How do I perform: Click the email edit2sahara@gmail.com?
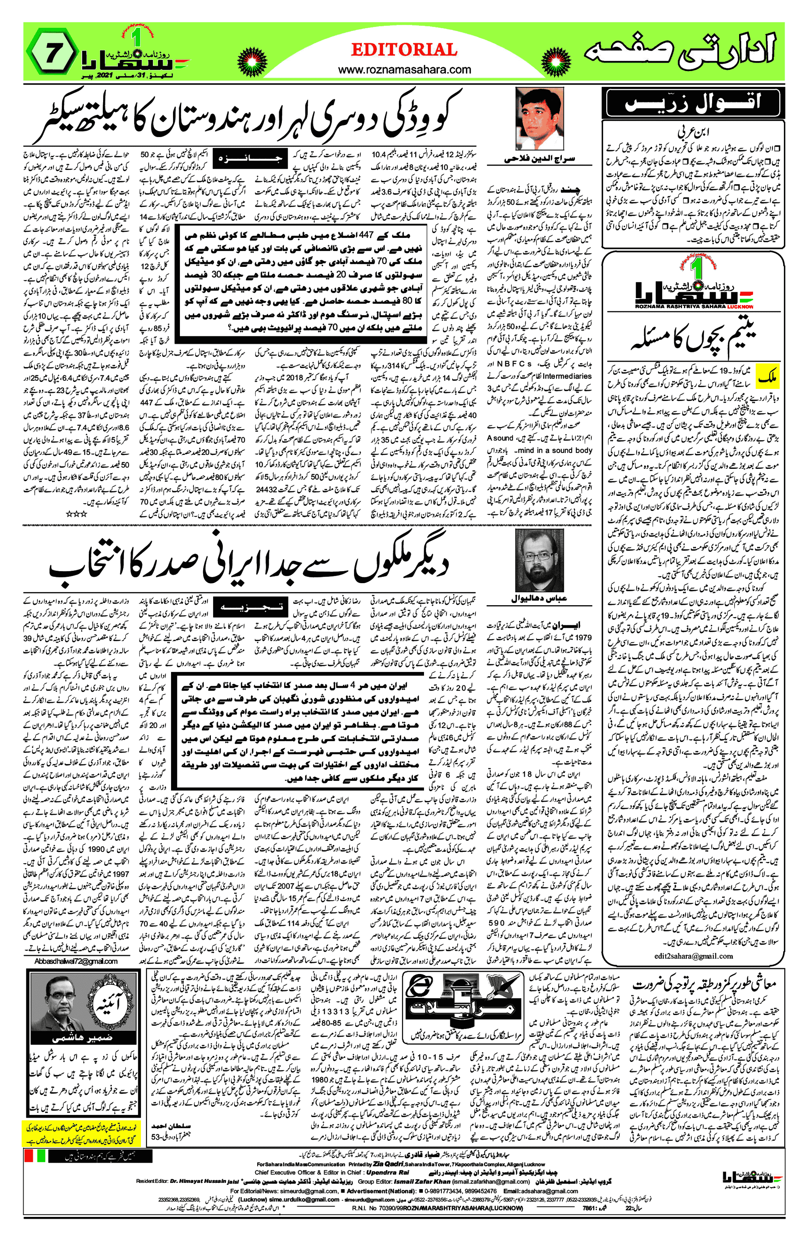(693, 956)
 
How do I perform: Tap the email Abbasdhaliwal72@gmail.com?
(76, 961)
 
